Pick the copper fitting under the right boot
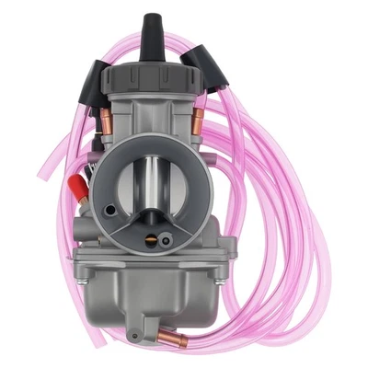(197, 115)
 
